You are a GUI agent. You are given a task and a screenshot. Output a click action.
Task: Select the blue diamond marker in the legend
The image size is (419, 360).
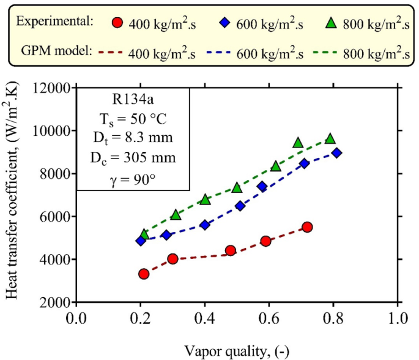click(x=224, y=24)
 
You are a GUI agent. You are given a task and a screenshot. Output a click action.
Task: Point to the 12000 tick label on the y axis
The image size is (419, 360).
click(x=52, y=88)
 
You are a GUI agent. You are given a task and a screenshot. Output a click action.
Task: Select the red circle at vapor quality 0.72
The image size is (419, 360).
click(x=307, y=227)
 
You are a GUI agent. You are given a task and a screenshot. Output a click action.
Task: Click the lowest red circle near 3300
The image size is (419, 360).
click(x=144, y=274)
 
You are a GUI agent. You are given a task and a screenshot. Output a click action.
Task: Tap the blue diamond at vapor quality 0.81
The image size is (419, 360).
click(x=336, y=153)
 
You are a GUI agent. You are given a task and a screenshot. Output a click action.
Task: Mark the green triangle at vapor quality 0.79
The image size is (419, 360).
click(x=330, y=139)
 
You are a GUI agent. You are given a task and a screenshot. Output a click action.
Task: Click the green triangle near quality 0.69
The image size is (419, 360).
click(x=298, y=143)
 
